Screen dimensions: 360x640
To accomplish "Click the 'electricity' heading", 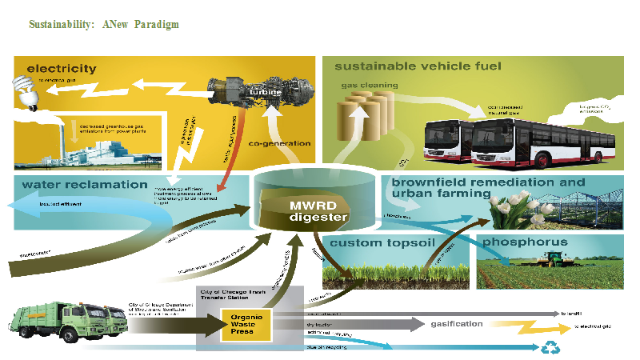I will coord(61,69).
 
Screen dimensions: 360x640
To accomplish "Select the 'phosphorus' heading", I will coord(527,242).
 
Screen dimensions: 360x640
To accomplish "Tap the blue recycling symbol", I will coord(552,348).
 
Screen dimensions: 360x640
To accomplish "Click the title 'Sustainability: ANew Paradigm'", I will coord(104,25).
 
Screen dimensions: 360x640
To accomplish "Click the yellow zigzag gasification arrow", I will coord(523,327).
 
